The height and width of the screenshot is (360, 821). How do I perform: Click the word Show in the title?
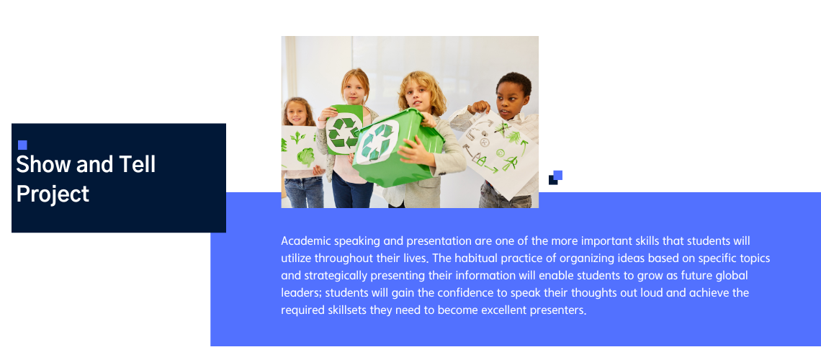click(x=43, y=164)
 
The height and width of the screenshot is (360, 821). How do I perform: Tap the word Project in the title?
click(x=53, y=194)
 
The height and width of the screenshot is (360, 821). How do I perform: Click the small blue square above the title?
click(x=22, y=145)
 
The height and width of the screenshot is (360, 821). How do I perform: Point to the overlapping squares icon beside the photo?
click(x=555, y=177)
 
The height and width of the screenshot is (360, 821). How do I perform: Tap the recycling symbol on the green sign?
click(x=343, y=132)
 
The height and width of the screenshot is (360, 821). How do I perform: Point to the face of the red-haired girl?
click(x=354, y=91)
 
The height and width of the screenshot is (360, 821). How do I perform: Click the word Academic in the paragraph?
click(x=306, y=241)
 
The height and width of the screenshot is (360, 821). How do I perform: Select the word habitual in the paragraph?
click(x=475, y=258)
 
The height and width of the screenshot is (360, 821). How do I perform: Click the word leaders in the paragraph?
click(x=300, y=292)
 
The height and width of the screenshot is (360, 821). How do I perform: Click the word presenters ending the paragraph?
click(x=557, y=310)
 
